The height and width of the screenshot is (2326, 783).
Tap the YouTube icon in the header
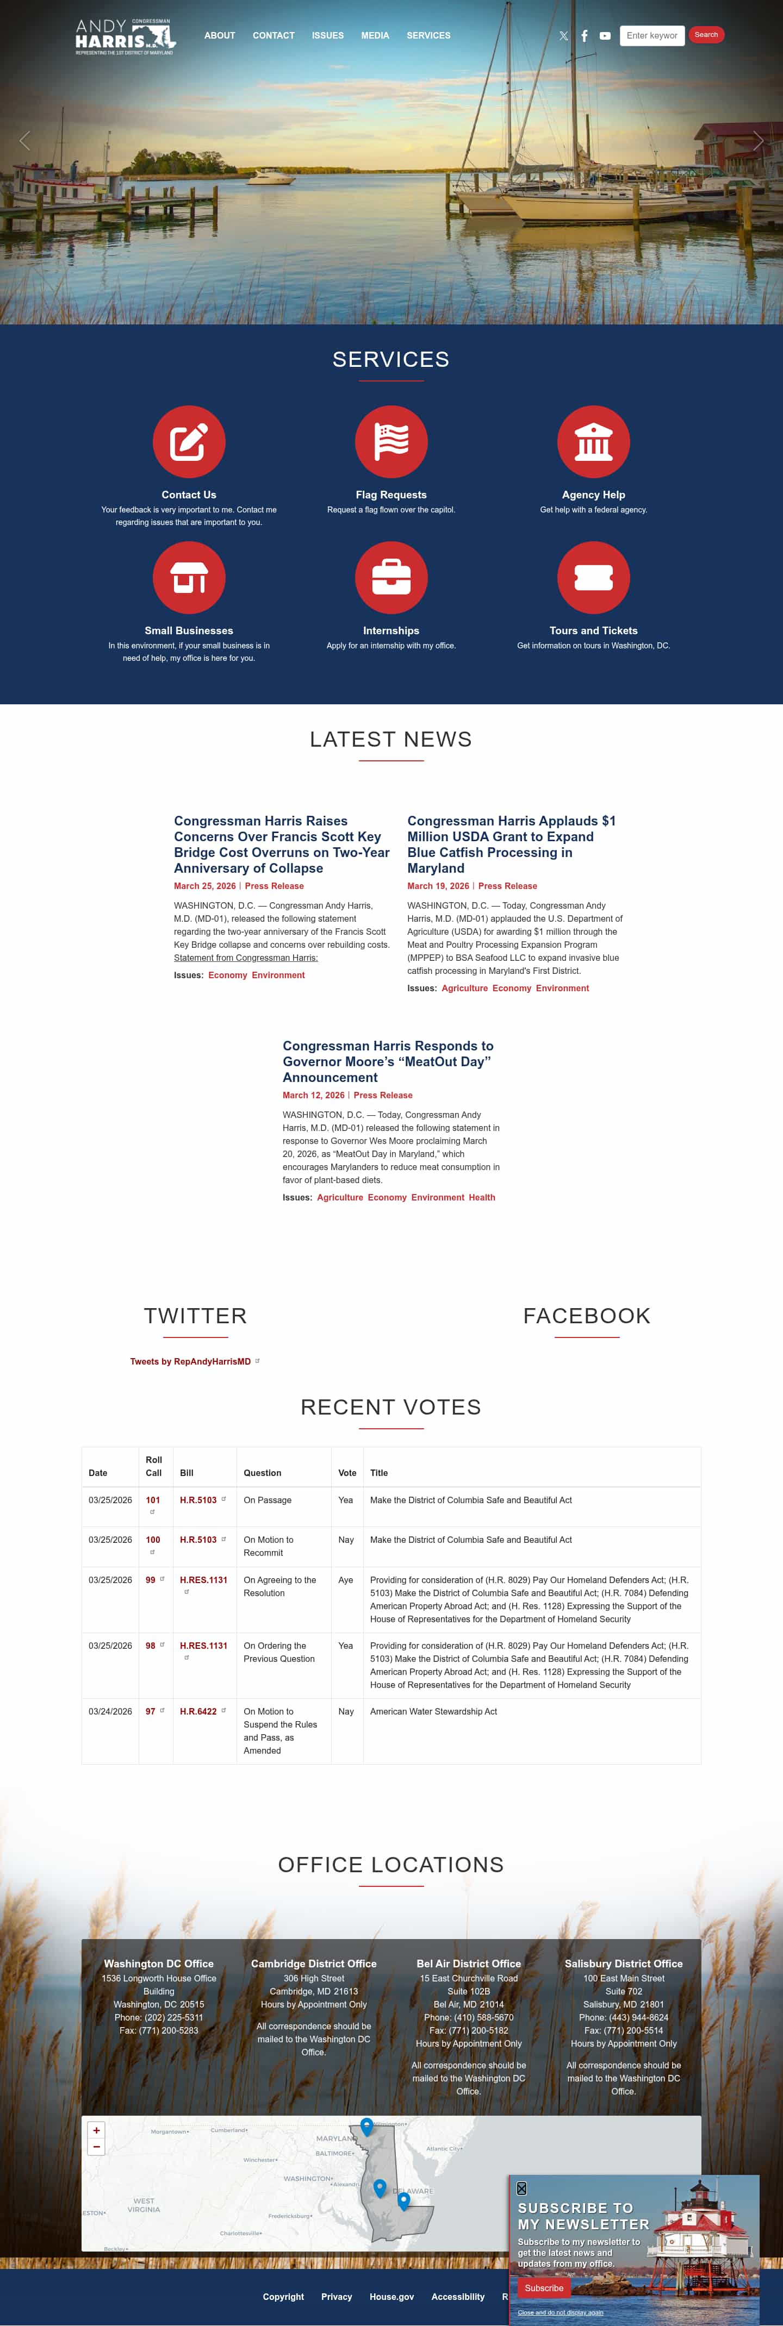pos(605,36)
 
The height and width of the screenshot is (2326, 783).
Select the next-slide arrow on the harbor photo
pos(757,141)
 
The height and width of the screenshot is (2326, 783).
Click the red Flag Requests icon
pos(391,441)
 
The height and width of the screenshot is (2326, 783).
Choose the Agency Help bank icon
pos(593,441)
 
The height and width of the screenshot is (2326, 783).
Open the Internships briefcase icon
pos(391,577)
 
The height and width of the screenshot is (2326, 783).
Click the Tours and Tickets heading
pos(593,630)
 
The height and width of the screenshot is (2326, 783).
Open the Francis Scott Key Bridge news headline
pos(282,844)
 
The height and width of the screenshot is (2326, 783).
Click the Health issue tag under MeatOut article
pos(481,1197)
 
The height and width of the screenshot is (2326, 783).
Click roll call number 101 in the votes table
pos(153,1500)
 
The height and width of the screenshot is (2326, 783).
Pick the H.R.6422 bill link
pos(198,1711)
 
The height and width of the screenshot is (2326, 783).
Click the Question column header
pos(262,1473)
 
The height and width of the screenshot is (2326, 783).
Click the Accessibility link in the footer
pos(458,2296)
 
